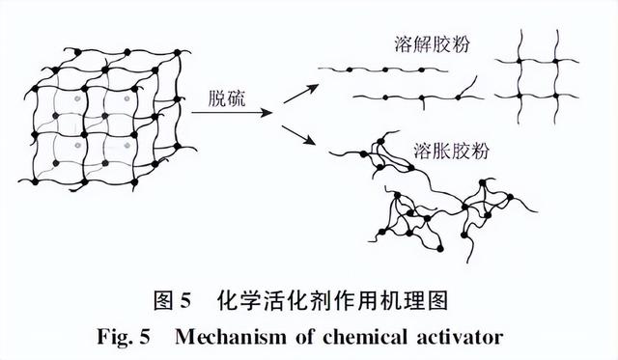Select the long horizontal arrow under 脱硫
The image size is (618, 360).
[x=233, y=112]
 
